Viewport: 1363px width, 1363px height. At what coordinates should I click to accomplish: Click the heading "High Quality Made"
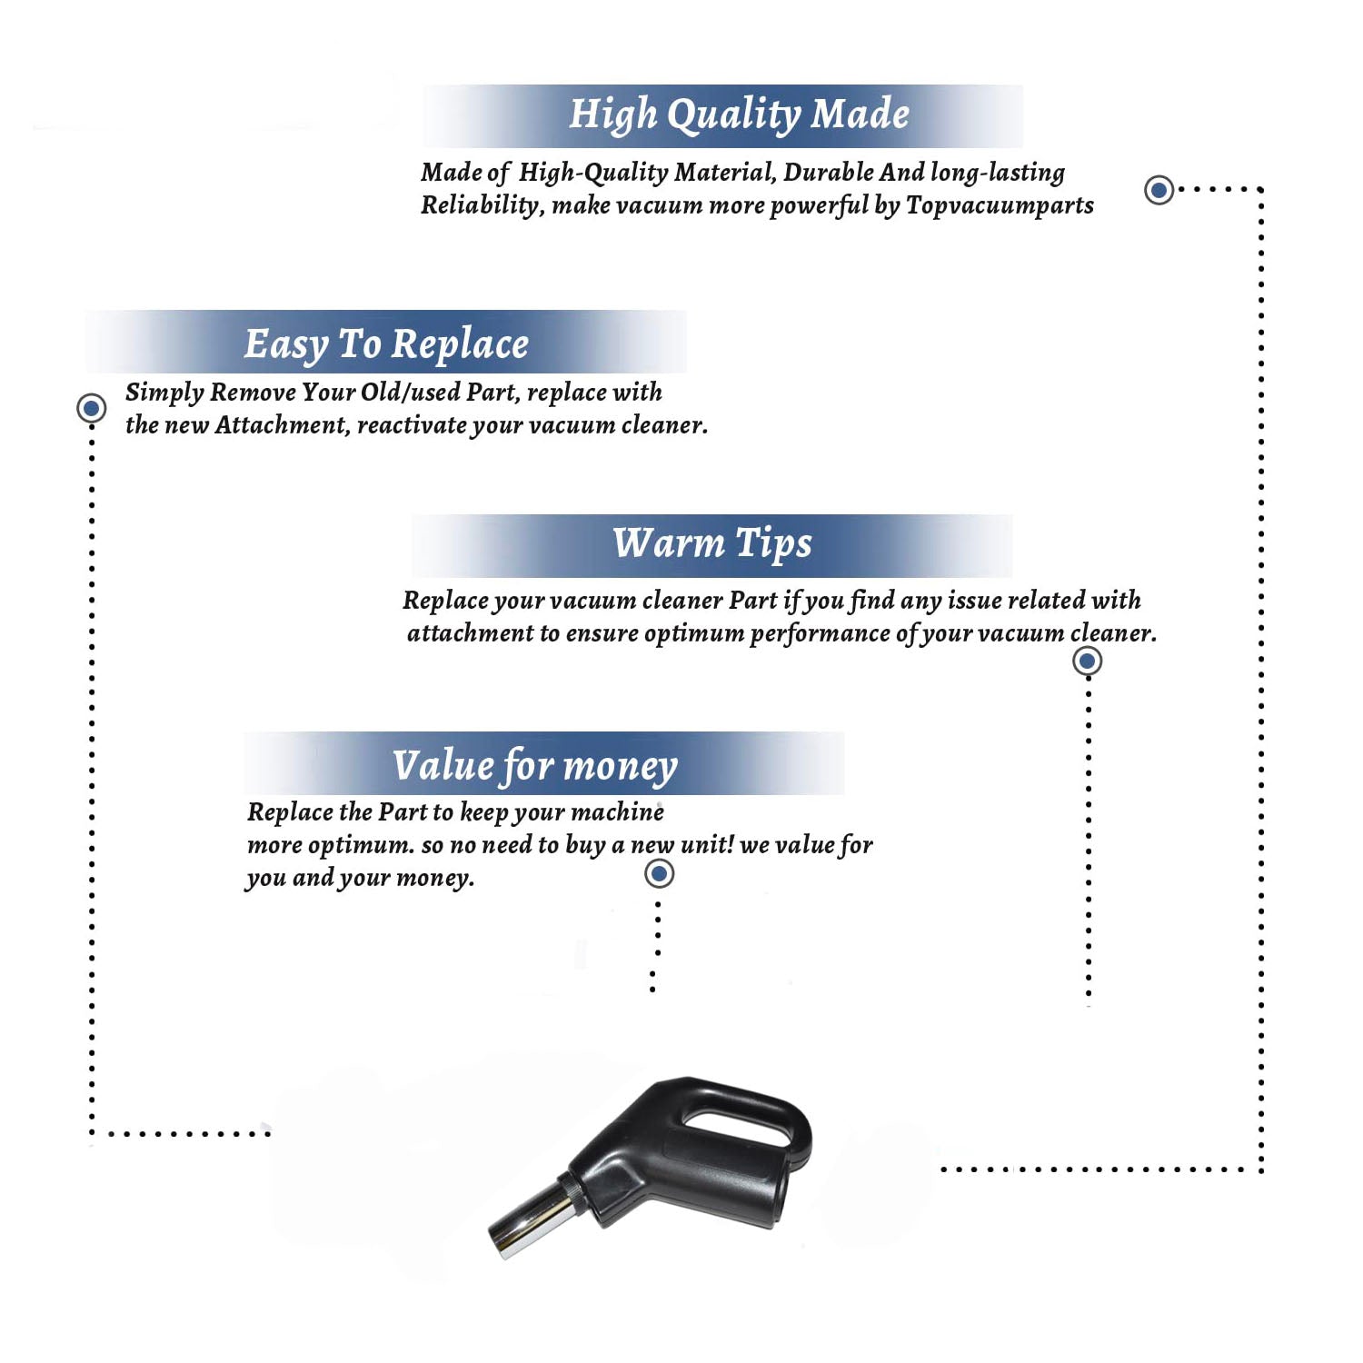(739, 115)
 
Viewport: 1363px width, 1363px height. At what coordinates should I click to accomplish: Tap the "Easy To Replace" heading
(386, 344)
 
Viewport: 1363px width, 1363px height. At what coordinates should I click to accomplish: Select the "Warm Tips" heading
(711, 543)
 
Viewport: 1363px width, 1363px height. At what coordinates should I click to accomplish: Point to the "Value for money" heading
(534, 766)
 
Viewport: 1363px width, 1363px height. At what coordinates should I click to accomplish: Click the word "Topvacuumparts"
(1000, 206)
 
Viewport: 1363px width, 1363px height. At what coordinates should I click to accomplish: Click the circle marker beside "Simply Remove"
(91, 408)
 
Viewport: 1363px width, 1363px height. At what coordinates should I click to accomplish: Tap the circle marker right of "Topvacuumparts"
(1159, 190)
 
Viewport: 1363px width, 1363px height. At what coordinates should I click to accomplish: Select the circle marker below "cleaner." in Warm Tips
(1088, 661)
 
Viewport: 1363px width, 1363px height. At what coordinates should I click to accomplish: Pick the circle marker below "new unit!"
(659, 874)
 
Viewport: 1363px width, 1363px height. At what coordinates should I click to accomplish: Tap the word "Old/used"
(410, 393)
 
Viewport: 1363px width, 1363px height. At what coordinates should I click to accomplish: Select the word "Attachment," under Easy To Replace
(282, 425)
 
